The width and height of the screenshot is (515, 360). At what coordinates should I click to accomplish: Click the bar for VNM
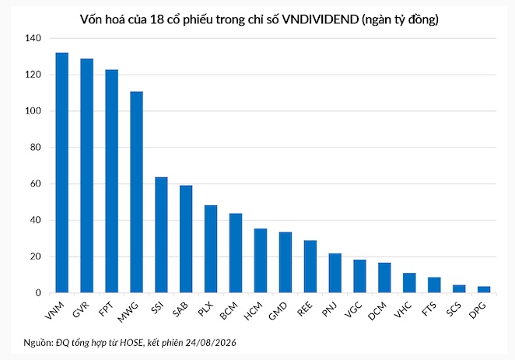[61, 173]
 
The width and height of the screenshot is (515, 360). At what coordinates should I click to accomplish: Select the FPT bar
[112, 181]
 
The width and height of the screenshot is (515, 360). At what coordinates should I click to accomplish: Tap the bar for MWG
[136, 192]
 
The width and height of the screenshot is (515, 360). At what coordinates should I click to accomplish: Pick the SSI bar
[161, 235]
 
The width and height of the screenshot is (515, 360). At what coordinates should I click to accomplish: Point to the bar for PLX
[211, 249]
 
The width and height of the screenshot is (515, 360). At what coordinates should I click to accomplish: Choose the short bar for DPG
[484, 289]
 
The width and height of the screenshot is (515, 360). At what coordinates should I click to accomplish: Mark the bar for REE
[310, 267]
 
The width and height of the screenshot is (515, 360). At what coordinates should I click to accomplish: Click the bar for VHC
[409, 283]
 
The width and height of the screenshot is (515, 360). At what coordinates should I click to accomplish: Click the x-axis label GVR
[81, 309]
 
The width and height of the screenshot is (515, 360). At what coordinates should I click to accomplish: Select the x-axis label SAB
[180, 309]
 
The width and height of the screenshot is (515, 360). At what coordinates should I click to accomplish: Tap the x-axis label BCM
[229, 311]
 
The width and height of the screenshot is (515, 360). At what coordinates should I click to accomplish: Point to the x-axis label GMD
[278, 311]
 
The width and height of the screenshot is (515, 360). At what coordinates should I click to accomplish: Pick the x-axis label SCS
[454, 309]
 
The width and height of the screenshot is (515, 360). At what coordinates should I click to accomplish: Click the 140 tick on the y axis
[33, 38]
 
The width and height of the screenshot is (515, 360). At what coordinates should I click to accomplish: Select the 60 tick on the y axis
[35, 183]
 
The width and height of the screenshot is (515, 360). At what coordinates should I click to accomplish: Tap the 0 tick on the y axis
[38, 292]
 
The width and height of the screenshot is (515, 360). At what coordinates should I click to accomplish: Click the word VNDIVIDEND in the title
[321, 19]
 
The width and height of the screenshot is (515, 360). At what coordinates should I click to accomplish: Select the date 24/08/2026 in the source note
[211, 343]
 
